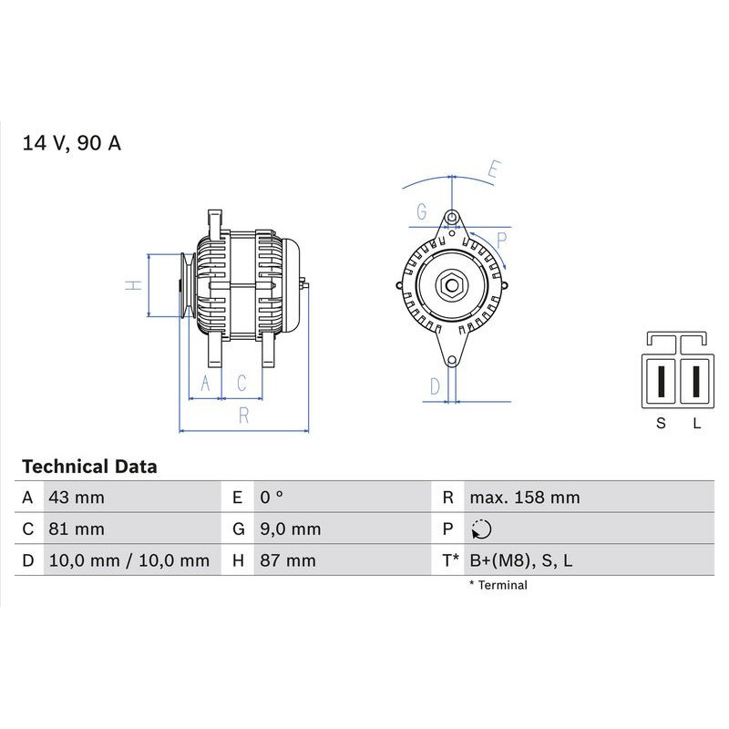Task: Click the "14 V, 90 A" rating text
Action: pyautogui.click(x=72, y=143)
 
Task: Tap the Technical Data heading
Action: pyautogui.click(x=89, y=467)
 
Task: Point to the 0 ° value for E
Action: pyautogui.click(x=272, y=498)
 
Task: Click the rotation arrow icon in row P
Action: pyautogui.click(x=481, y=529)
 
